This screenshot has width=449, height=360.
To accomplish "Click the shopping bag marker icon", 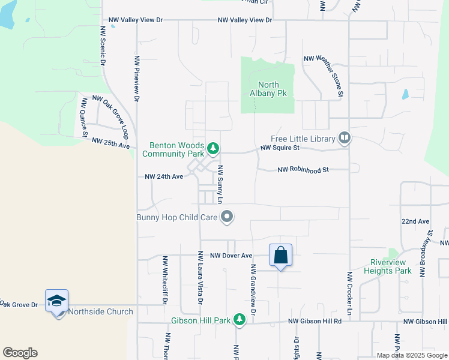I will [280, 256].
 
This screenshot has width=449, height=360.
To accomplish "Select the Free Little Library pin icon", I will [345, 139].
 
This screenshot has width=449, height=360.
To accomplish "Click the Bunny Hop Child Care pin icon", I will [227, 217].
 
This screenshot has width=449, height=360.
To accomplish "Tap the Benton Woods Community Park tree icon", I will [212, 148].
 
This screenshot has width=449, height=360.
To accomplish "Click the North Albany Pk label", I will [268, 89].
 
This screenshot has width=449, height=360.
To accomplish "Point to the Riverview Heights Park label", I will [388, 266].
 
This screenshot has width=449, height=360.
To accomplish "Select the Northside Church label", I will [100, 311].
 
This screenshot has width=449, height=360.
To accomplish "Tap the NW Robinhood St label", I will [304, 170].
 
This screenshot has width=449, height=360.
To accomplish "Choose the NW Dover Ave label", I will [231, 256].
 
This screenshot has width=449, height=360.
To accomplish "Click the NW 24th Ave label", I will [164, 177].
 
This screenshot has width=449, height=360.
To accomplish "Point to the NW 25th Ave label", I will [111, 143].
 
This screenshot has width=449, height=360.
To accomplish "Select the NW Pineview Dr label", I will [137, 78].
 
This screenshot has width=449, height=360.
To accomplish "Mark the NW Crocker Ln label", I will [349, 293].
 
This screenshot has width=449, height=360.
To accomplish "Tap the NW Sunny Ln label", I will [220, 184].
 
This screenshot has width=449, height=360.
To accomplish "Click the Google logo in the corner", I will [20, 353].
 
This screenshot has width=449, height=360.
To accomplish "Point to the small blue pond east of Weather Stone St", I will [405, 94].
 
